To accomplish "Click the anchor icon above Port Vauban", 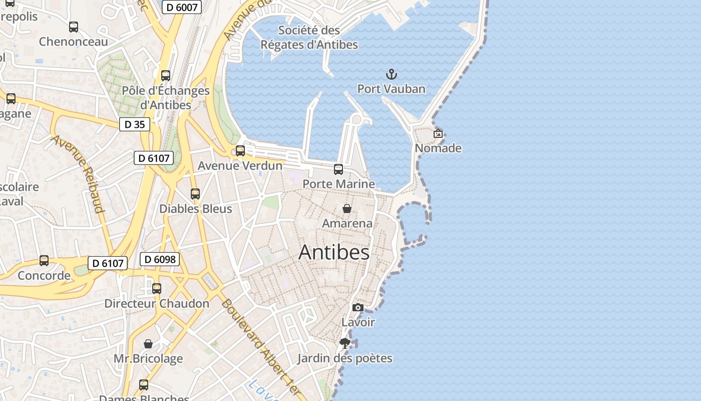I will pyautogui.click(x=391, y=75).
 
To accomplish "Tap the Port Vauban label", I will pyautogui.click(x=391, y=89).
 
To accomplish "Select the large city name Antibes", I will pyautogui.click(x=334, y=252).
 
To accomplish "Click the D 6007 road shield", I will pyautogui.click(x=182, y=8).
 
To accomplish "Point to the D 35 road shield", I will pyautogui.click(x=135, y=124).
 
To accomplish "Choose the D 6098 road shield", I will pyautogui.click(x=159, y=259).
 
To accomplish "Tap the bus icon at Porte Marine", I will pyautogui.click(x=338, y=169).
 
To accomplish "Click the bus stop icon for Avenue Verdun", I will pyautogui.click(x=240, y=151).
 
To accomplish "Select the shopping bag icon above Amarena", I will pyautogui.click(x=346, y=209).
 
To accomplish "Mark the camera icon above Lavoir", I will pyautogui.click(x=358, y=307).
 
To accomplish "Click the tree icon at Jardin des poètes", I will pyautogui.click(x=344, y=343).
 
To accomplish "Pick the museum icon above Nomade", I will pyautogui.click(x=438, y=133).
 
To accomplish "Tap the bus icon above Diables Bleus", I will pyautogui.click(x=195, y=194).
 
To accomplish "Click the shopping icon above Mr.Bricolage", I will pyautogui.click(x=148, y=344).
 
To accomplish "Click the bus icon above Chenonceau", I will pyautogui.click(x=74, y=27).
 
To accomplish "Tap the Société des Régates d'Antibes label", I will pyautogui.click(x=309, y=38).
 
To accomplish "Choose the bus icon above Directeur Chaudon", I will pyautogui.click(x=157, y=289).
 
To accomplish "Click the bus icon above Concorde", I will pyautogui.click(x=44, y=261).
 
